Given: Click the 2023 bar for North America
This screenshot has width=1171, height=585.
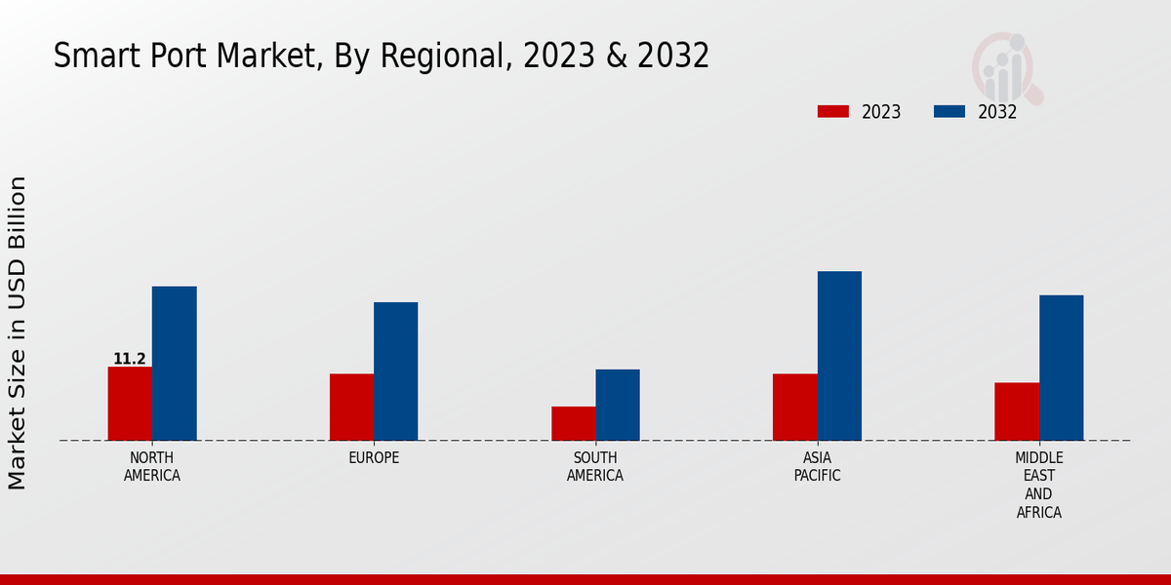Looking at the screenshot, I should point(130,404).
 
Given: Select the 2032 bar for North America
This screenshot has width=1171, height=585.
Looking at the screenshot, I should point(174,364).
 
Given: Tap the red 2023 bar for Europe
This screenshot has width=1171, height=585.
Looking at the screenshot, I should point(351,408).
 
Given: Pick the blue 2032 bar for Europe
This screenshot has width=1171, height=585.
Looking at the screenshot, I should point(395,371).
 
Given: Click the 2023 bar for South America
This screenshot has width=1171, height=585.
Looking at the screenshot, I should point(573,423).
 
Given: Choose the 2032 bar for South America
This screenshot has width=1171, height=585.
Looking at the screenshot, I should point(618,405).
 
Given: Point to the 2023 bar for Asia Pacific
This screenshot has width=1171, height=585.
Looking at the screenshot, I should point(794,408).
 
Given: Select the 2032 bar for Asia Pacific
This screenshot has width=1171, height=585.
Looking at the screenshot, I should point(839,356).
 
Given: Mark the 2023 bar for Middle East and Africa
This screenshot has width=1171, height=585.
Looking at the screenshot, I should point(1017,411).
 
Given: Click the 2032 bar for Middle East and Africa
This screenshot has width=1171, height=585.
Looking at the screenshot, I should point(1061,368).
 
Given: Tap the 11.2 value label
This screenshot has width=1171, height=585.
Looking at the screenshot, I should point(130,359).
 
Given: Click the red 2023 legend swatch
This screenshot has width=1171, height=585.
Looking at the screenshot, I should point(832,112).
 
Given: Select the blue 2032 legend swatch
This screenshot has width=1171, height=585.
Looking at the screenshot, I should point(949,112).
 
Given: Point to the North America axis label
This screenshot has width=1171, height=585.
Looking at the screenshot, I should point(152,467).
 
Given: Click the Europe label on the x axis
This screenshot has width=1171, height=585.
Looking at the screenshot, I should point(374,458).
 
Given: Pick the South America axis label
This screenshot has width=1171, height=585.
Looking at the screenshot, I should point(595,467).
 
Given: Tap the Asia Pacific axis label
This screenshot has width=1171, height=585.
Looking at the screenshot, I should point(817,467).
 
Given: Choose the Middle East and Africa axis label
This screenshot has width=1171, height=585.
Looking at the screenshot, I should point(1039,485).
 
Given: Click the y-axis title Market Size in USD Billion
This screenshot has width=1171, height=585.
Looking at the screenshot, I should point(18,332).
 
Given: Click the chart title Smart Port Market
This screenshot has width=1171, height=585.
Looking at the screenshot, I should point(381,57).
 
